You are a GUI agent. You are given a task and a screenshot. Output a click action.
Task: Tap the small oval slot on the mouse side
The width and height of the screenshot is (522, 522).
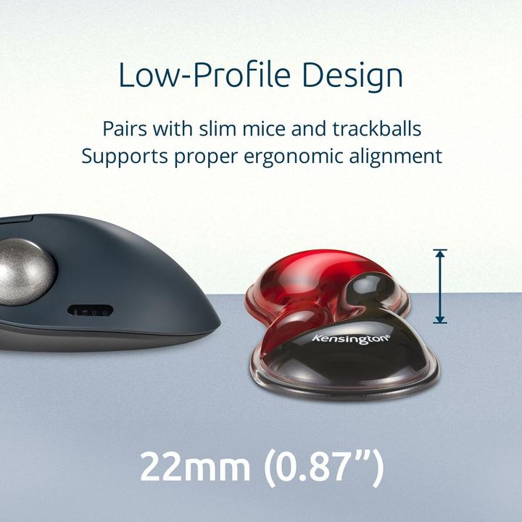point(91,310)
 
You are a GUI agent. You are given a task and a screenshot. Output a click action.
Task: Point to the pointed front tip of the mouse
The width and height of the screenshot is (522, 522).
point(217,319)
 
